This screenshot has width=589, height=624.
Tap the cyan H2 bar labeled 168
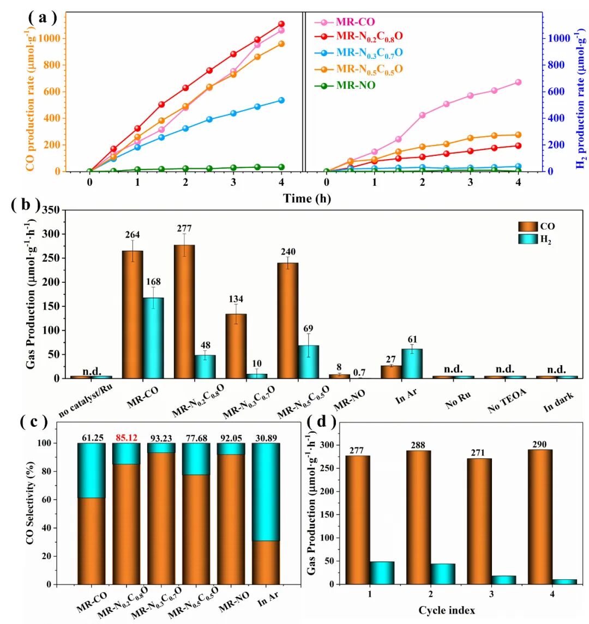coord(153,338)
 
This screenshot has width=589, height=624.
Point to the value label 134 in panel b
coord(236,299)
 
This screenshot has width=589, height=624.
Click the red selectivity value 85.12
coord(126,435)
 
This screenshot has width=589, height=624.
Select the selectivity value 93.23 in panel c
coord(161,435)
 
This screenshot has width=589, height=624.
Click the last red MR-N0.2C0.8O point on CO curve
coord(281,24)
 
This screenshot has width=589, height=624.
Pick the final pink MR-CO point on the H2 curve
coord(518,82)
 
